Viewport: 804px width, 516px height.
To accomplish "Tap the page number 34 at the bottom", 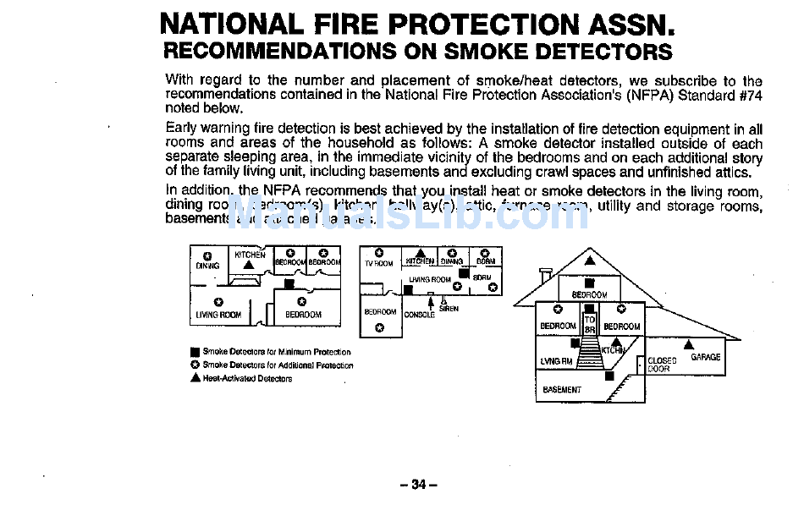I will tap(418, 485).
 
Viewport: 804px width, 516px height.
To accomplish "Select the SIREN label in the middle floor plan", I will tap(449, 309).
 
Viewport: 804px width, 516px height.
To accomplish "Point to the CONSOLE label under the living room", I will tap(420, 315).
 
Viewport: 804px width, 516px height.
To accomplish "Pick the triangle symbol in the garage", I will tap(689, 344).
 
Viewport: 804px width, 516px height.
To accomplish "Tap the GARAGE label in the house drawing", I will tap(705, 357).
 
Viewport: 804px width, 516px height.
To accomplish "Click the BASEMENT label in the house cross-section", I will tap(562, 390).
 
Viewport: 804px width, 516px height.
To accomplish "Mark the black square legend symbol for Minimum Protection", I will tap(195, 352).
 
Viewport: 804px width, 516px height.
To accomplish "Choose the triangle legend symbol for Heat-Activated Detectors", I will tap(195, 378).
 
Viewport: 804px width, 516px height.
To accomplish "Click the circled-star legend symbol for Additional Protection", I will tap(195, 365).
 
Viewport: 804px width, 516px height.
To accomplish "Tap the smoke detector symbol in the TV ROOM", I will tap(379, 252).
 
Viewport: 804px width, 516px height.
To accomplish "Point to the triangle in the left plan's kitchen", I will tap(248, 265).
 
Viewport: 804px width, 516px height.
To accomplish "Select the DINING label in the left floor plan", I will tap(207, 266).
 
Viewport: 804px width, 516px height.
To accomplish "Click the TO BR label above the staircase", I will tap(590, 325).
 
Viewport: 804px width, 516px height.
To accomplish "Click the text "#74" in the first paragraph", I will tap(750, 96).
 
